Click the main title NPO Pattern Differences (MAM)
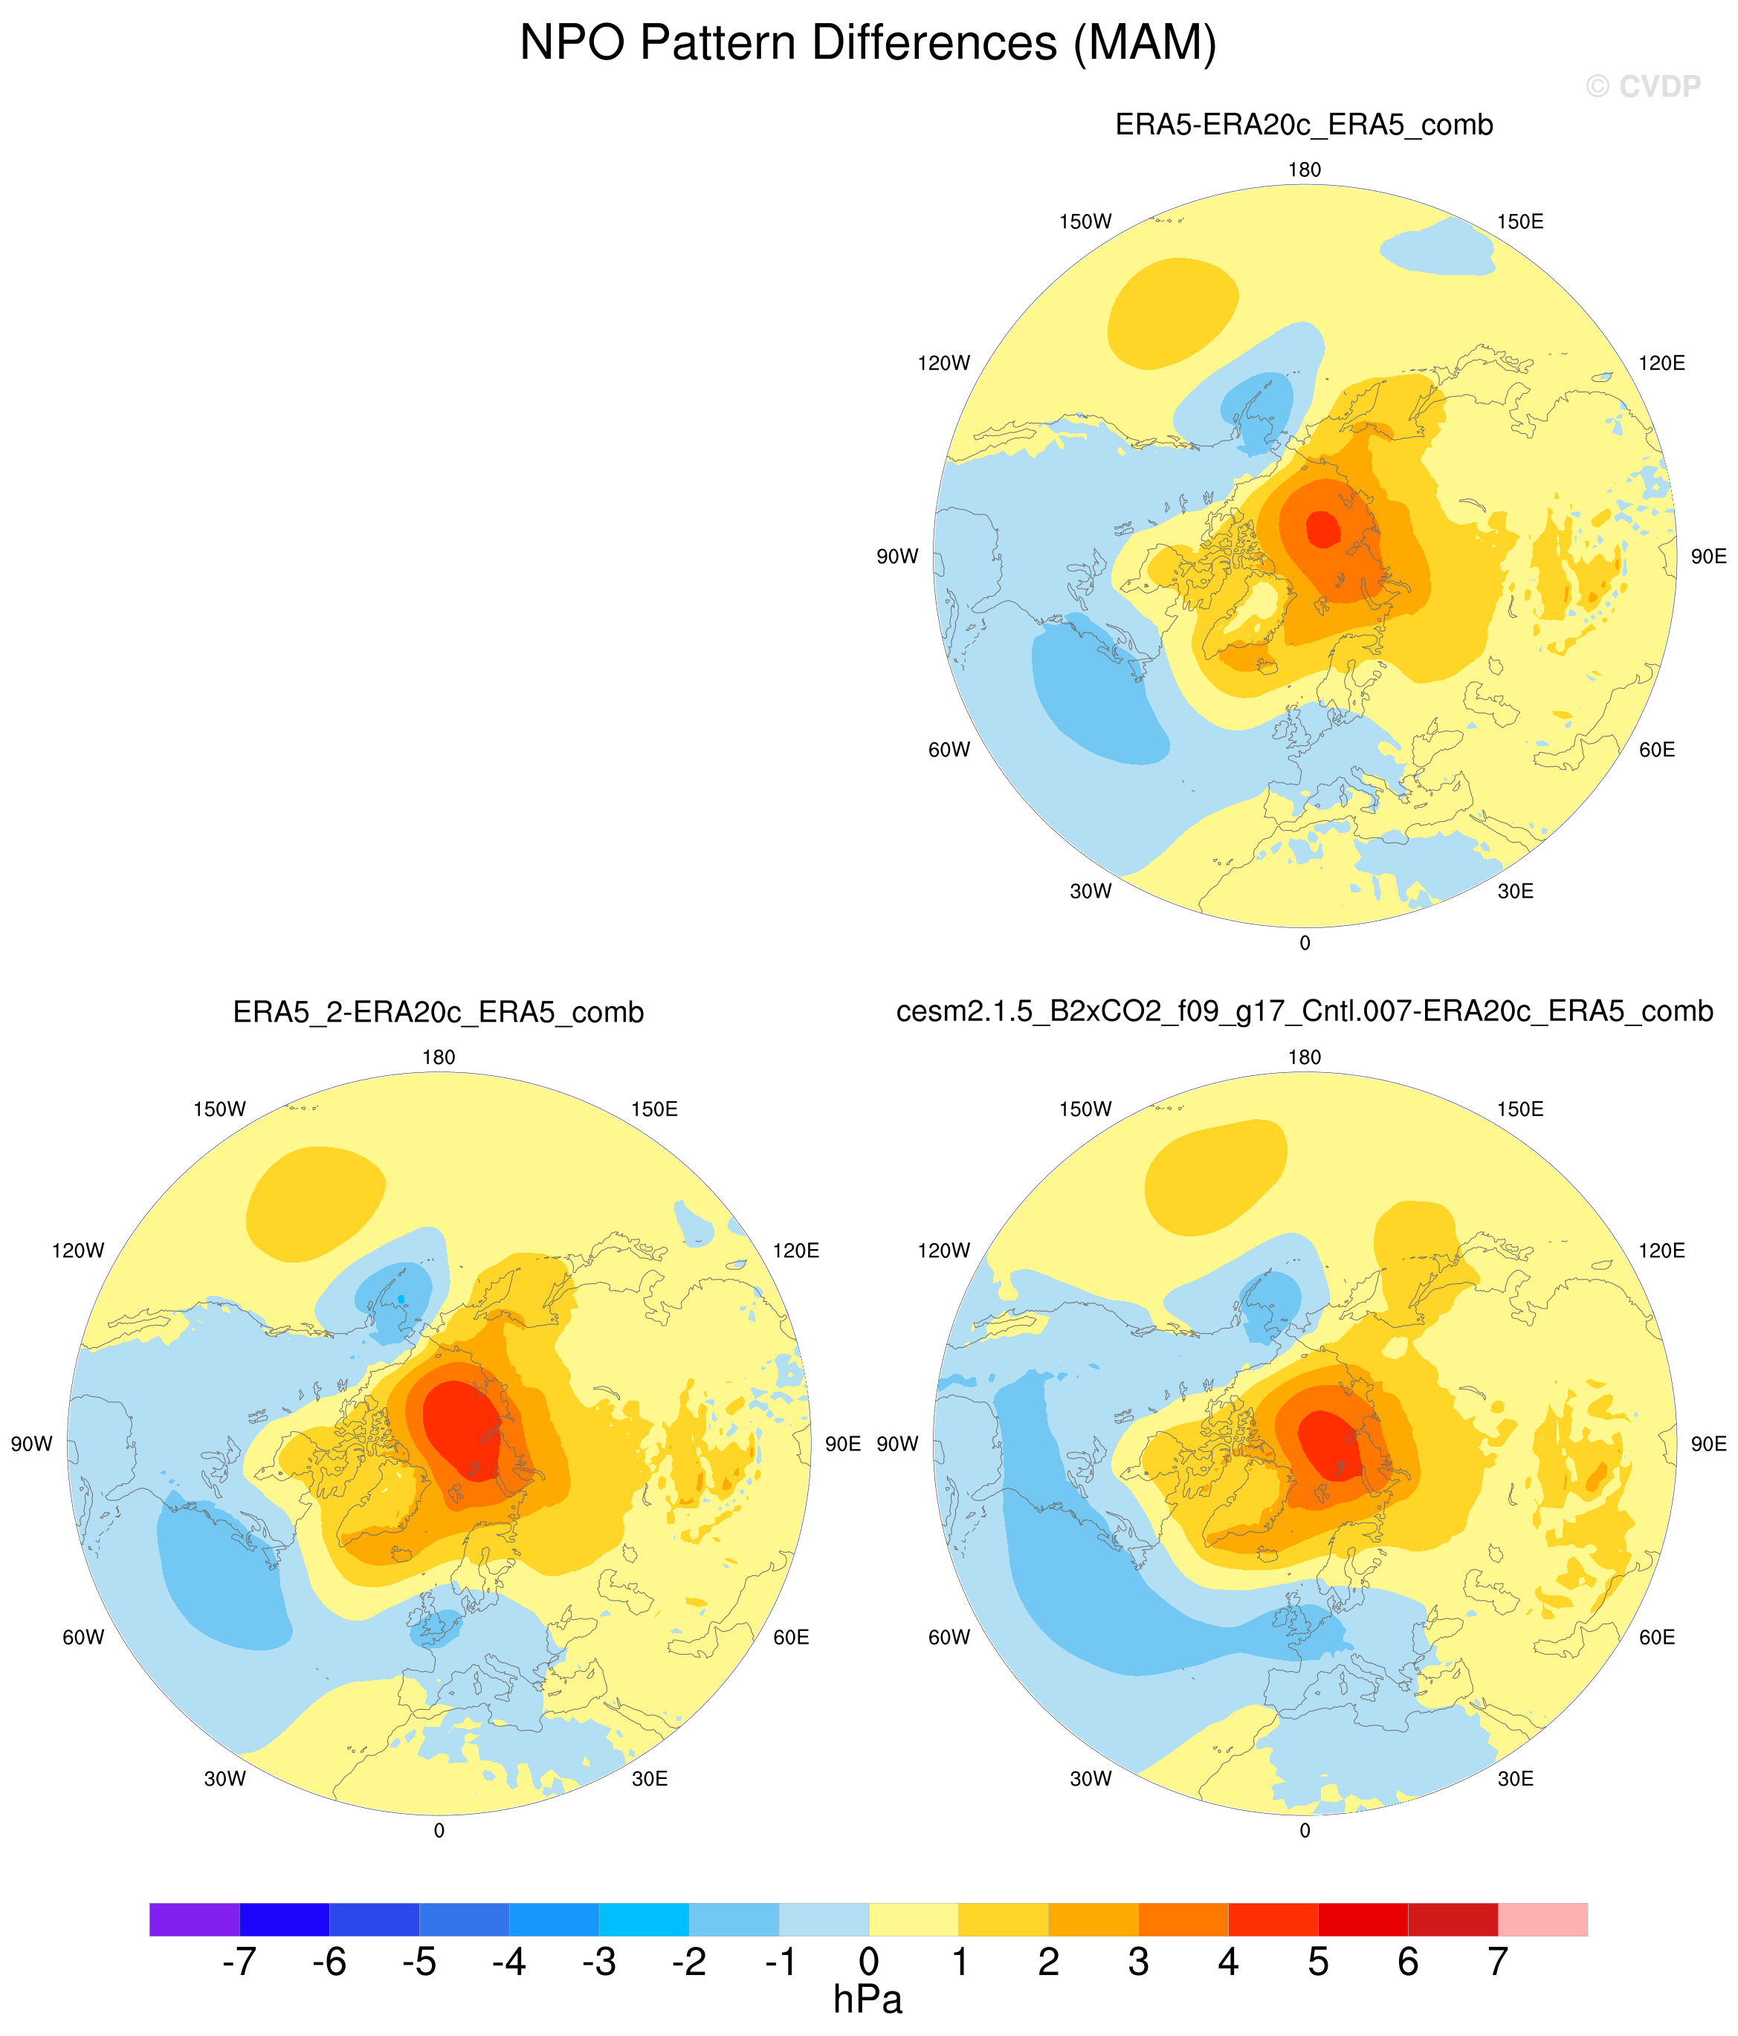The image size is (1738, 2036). coord(868,43)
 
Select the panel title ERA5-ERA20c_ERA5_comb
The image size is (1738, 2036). coord(1304,125)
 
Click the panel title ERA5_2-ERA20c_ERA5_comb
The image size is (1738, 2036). coord(439,1012)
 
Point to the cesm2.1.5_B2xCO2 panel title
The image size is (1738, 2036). coord(1305,1011)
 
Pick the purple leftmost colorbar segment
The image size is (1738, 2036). coord(195,1919)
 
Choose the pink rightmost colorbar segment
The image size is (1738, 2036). coord(1542,1919)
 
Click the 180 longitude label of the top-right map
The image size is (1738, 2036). coord(1305,170)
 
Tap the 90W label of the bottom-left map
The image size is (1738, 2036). coord(31,1445)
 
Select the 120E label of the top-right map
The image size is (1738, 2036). coord(1661,363)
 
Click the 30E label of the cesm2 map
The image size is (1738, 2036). coord(1516,1779)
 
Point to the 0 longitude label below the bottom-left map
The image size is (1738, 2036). coord(439,1831)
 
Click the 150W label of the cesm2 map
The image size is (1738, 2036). coord(1085,1109)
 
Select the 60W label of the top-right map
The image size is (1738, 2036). coord(949,750)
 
